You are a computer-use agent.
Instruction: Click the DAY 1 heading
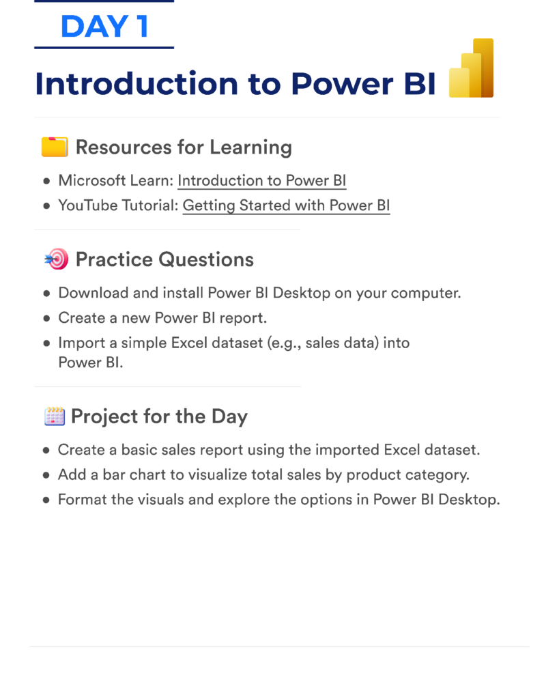coord(104,27)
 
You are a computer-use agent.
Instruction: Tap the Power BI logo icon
coord(471,68)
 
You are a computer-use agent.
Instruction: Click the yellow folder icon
coord(55,147)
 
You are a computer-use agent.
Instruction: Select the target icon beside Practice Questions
coord(57,259)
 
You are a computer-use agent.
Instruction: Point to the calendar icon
coord(55,416)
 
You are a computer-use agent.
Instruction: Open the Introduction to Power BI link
coord(261,180)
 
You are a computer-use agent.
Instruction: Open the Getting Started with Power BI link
coord(286,205)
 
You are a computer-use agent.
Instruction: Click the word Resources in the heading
coord(124,147)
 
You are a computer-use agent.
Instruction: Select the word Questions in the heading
coord(206,259)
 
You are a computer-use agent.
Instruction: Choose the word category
coord(436,475)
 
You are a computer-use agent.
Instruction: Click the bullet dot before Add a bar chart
coord(46,475)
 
